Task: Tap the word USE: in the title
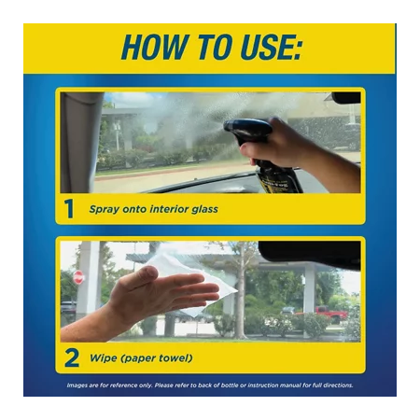click(272, 48)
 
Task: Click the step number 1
click(69, 209)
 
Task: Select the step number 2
click(72, 358)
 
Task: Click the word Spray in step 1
click(105, 209)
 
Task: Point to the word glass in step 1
click(204, 209)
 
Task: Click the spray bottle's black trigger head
click(246, 130)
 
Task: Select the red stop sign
click(78, 277)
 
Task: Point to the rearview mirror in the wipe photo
click(310, 255)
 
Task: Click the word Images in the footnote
click(77, 385)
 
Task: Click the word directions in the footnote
click(338, 385)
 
